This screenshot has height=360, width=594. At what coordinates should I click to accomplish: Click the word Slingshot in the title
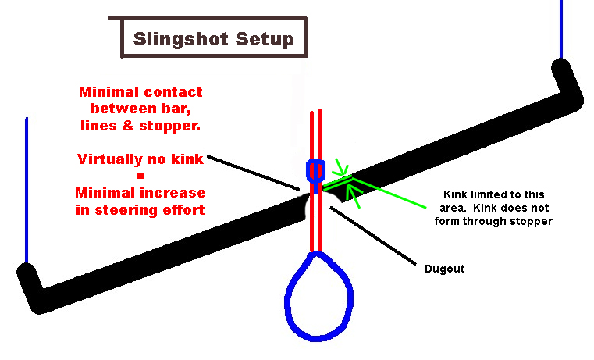point(173,39)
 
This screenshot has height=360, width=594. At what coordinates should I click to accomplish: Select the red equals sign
point(140,176)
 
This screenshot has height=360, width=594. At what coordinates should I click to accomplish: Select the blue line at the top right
point(560,27)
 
